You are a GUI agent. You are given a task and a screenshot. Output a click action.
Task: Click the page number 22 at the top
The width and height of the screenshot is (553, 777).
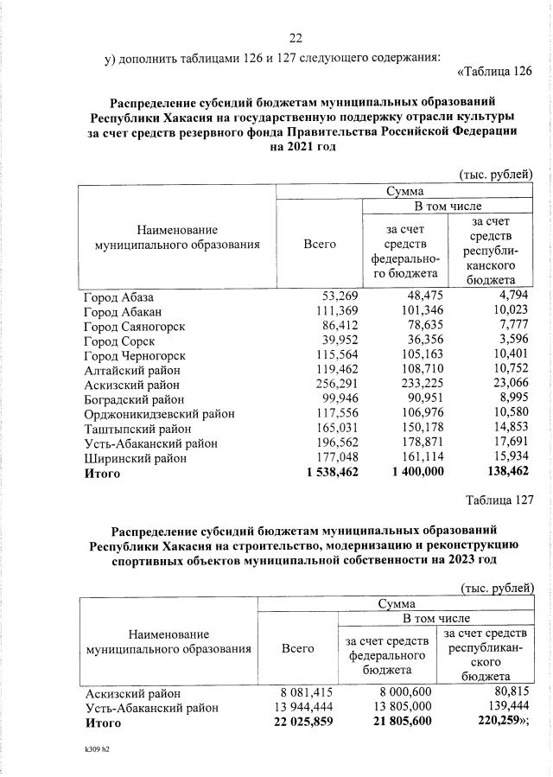tap(296, 38)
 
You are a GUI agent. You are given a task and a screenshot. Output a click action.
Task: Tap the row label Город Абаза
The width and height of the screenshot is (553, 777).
tap(118, 296)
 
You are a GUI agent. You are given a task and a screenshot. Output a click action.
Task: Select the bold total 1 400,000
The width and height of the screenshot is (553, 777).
tap(410, 473)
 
